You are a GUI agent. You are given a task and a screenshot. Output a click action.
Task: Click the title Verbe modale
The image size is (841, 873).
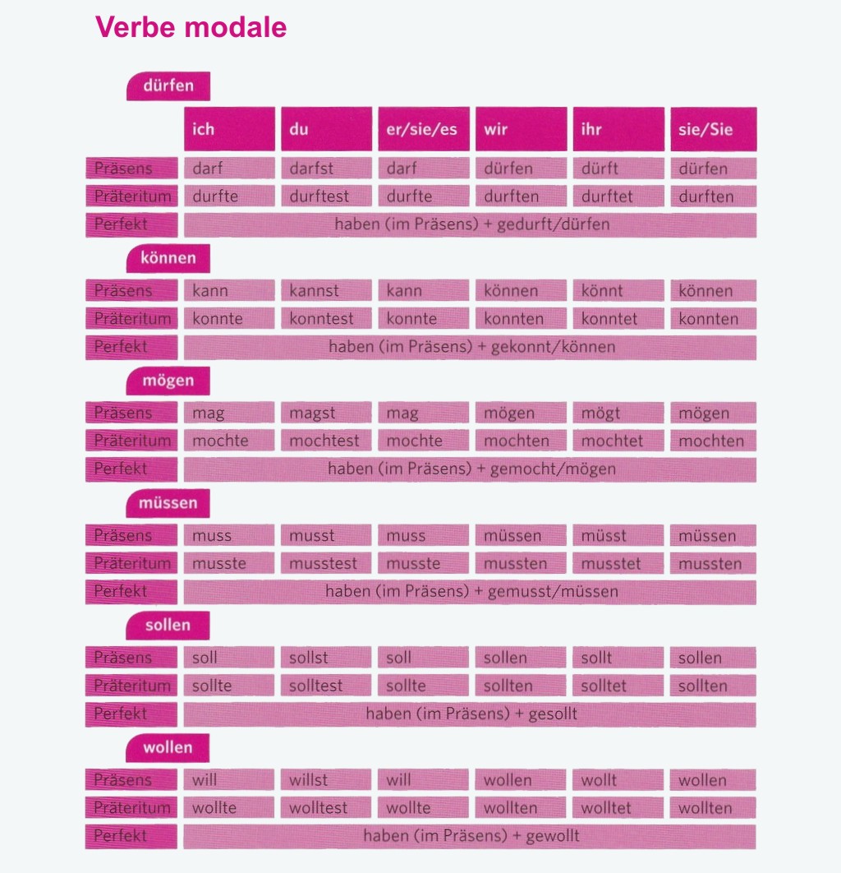pyautogui.click(x=191, y=27)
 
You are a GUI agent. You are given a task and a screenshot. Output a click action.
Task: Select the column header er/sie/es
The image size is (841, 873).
pyautogui.click(x=423, y=129)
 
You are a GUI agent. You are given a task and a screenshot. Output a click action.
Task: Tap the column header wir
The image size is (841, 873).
pyautogui.click(x=521, y=129)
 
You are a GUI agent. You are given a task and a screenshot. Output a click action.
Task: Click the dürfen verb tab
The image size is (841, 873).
pyautogui.click(x=168, y=86)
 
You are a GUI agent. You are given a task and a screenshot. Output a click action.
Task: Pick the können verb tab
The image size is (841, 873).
pyautogui.click(x=168, y=258)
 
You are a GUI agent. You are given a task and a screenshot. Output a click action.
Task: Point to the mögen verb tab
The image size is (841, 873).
pyautogui.click(x=168, y=381)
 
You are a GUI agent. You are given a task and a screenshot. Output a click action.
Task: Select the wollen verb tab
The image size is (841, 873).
pyautogui.click(x=168, y=748)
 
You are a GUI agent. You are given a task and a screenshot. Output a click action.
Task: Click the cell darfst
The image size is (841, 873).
pyautogui.click(x=326, y=169)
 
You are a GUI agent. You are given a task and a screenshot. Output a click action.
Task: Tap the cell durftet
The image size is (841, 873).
pyautogui.click(x=618, y=196)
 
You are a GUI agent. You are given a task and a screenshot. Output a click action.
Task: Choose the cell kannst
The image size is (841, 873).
pyautogui.click(x=326, y=291)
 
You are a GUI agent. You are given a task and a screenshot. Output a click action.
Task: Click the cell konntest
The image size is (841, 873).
pyautogui.click(x=326, y=319)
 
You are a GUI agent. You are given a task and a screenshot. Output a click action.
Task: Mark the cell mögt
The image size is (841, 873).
pyautogui.click(x=618, y=413)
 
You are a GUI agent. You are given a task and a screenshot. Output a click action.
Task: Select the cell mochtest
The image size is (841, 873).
pyautogui.click(x=326, y=441)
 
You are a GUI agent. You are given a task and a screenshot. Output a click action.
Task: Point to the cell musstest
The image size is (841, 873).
pyautogui.click(x=326, y=564)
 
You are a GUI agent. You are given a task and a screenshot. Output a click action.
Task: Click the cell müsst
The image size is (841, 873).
pyautogui.click(x=618, y=536)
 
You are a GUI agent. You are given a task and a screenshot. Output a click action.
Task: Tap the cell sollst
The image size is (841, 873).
pyautogui.click(x=326, y=658)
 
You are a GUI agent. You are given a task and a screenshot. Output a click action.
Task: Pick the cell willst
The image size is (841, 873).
pyautogui.click(x=326, y=780)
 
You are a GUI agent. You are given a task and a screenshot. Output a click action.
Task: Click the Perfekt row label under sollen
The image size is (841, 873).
pyautogui.click(x=131, y=714)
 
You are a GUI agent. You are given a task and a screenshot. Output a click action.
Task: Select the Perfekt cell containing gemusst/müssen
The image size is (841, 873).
pyautogui.click(x=470, y=592)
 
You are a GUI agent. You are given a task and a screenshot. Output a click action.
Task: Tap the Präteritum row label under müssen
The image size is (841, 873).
pyautogui.click(x=131, y=564)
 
